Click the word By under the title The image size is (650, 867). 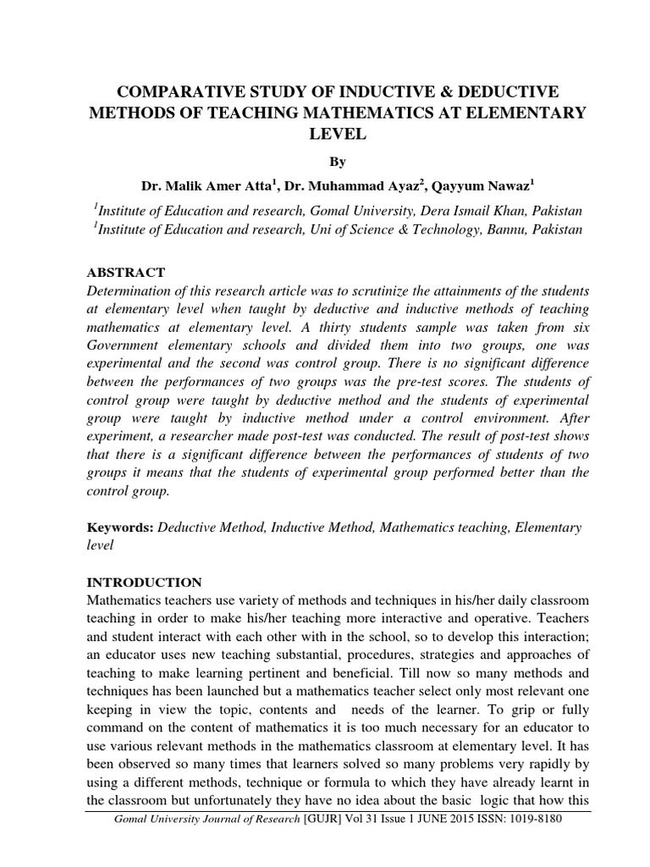point(337,162)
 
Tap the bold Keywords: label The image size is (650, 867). point(120,527)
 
